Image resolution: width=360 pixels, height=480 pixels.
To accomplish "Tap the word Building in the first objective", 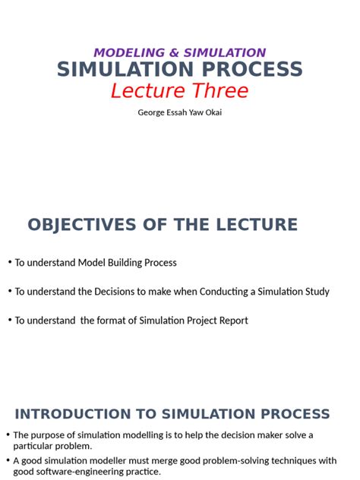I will (127, 263).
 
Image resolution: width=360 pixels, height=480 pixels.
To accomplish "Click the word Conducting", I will (214, 292).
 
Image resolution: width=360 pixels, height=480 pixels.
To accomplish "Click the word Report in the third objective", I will (232, 321).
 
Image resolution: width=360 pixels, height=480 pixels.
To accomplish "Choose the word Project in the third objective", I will (197, 321).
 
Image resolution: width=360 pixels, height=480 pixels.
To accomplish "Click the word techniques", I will (291, 460).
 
